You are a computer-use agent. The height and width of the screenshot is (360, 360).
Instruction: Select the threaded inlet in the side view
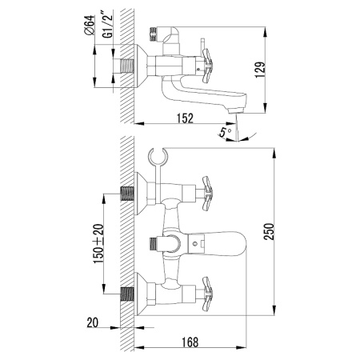[x=128, y=65]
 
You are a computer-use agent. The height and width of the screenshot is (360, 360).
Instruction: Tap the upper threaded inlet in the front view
[x=127, y=192]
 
